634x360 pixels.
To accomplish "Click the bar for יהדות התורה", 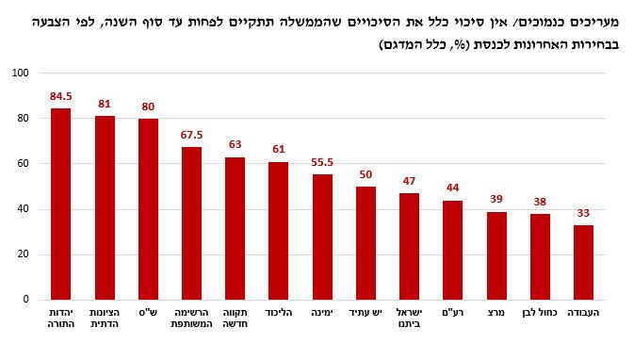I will coord(60,204).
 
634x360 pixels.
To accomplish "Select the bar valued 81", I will coord(105,207).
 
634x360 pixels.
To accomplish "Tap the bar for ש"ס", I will coord(148,208).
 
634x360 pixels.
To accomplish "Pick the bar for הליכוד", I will coord(278,230).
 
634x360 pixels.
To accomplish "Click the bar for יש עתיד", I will coord(366,242).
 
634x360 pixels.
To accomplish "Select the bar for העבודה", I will coord(584,262).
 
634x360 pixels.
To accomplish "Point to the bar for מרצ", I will coord(496,255).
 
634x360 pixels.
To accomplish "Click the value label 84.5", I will coord(60,95).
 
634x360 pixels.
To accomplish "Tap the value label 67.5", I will coord(191,134).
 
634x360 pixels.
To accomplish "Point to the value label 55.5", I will coord(322,161).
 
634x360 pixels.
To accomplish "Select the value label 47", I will coord(409,181).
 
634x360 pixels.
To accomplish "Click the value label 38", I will coord(540,201).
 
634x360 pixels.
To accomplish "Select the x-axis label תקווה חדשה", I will coord(235,319).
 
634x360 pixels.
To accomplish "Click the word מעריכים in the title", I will coord(592,18).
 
